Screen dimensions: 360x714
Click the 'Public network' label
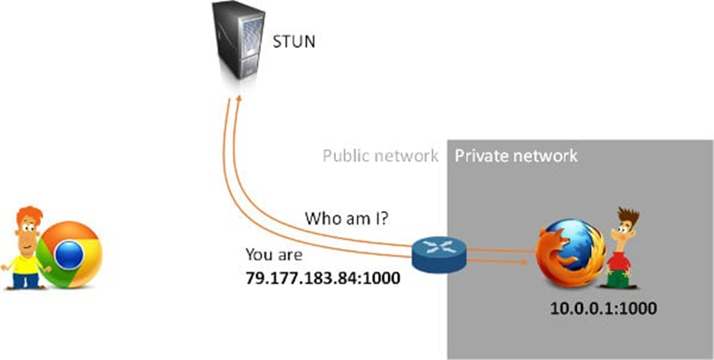click(380, 155)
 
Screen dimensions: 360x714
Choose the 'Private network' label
click(516, 155)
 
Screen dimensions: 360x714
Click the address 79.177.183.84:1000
click(323, 277)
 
